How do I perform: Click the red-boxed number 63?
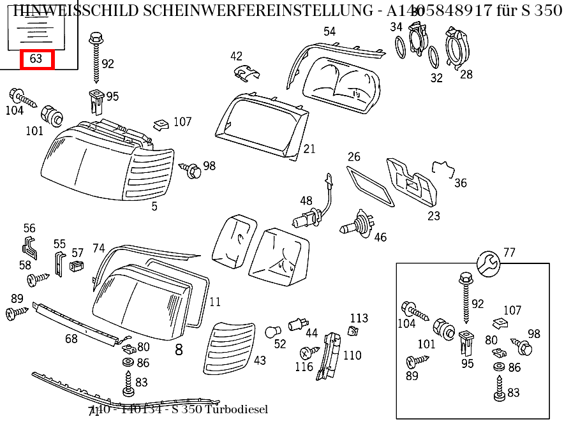coord(37,59)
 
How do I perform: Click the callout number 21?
coord(309,149)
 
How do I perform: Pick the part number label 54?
coord(329,31)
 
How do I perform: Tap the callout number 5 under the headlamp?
coord(154,207)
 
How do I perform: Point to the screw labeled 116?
coord(309,352)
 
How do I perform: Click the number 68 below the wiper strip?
coord(71,339)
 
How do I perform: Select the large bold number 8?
coord(179,349)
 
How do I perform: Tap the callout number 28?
coord(466,74)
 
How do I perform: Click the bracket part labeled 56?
coord(29,246)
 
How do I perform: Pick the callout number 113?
coord(359,318)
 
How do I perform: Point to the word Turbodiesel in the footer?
coord(237,409)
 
